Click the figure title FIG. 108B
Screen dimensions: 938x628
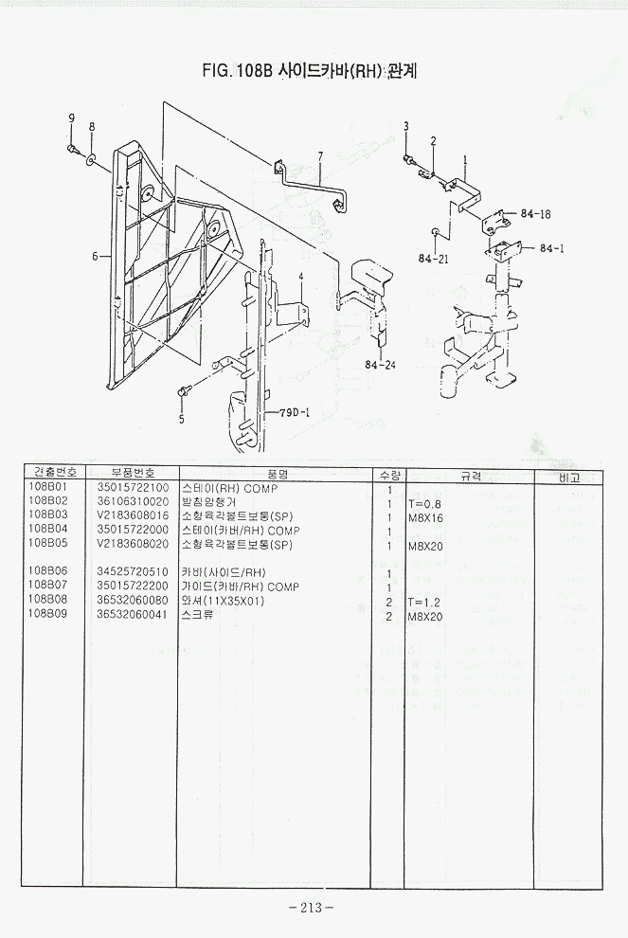pos(313,70)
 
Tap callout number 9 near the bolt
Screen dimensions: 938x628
pos(70,118)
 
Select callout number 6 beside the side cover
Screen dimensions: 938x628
pos(95,256)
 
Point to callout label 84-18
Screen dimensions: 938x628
pos(535,213)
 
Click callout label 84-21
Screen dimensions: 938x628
pos(434,258)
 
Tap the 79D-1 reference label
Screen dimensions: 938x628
pos(296,413)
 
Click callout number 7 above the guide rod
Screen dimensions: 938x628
pos(320,156)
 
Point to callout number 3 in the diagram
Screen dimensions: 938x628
pos(405,127)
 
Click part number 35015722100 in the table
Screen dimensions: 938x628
pos(133,488)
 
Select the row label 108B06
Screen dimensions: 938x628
pos(48,572)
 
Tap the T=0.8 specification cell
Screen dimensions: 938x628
pos(424,503)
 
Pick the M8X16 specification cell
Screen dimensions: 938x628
pos(425,517)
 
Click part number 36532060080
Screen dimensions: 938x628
pos(133,601)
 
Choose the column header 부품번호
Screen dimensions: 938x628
pos(132,473)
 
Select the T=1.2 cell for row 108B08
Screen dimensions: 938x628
pos(424,602)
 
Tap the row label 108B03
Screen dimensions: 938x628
pos(48,516)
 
